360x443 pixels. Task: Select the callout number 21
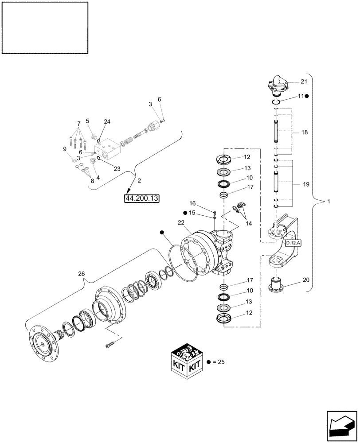coord(303,81)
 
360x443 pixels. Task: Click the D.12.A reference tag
coord(292,243)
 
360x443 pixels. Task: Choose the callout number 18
coord(304,132)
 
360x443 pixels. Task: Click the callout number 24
coord(107,122)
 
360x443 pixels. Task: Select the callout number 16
coord(193,203)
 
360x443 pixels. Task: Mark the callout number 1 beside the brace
coord(328,202)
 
